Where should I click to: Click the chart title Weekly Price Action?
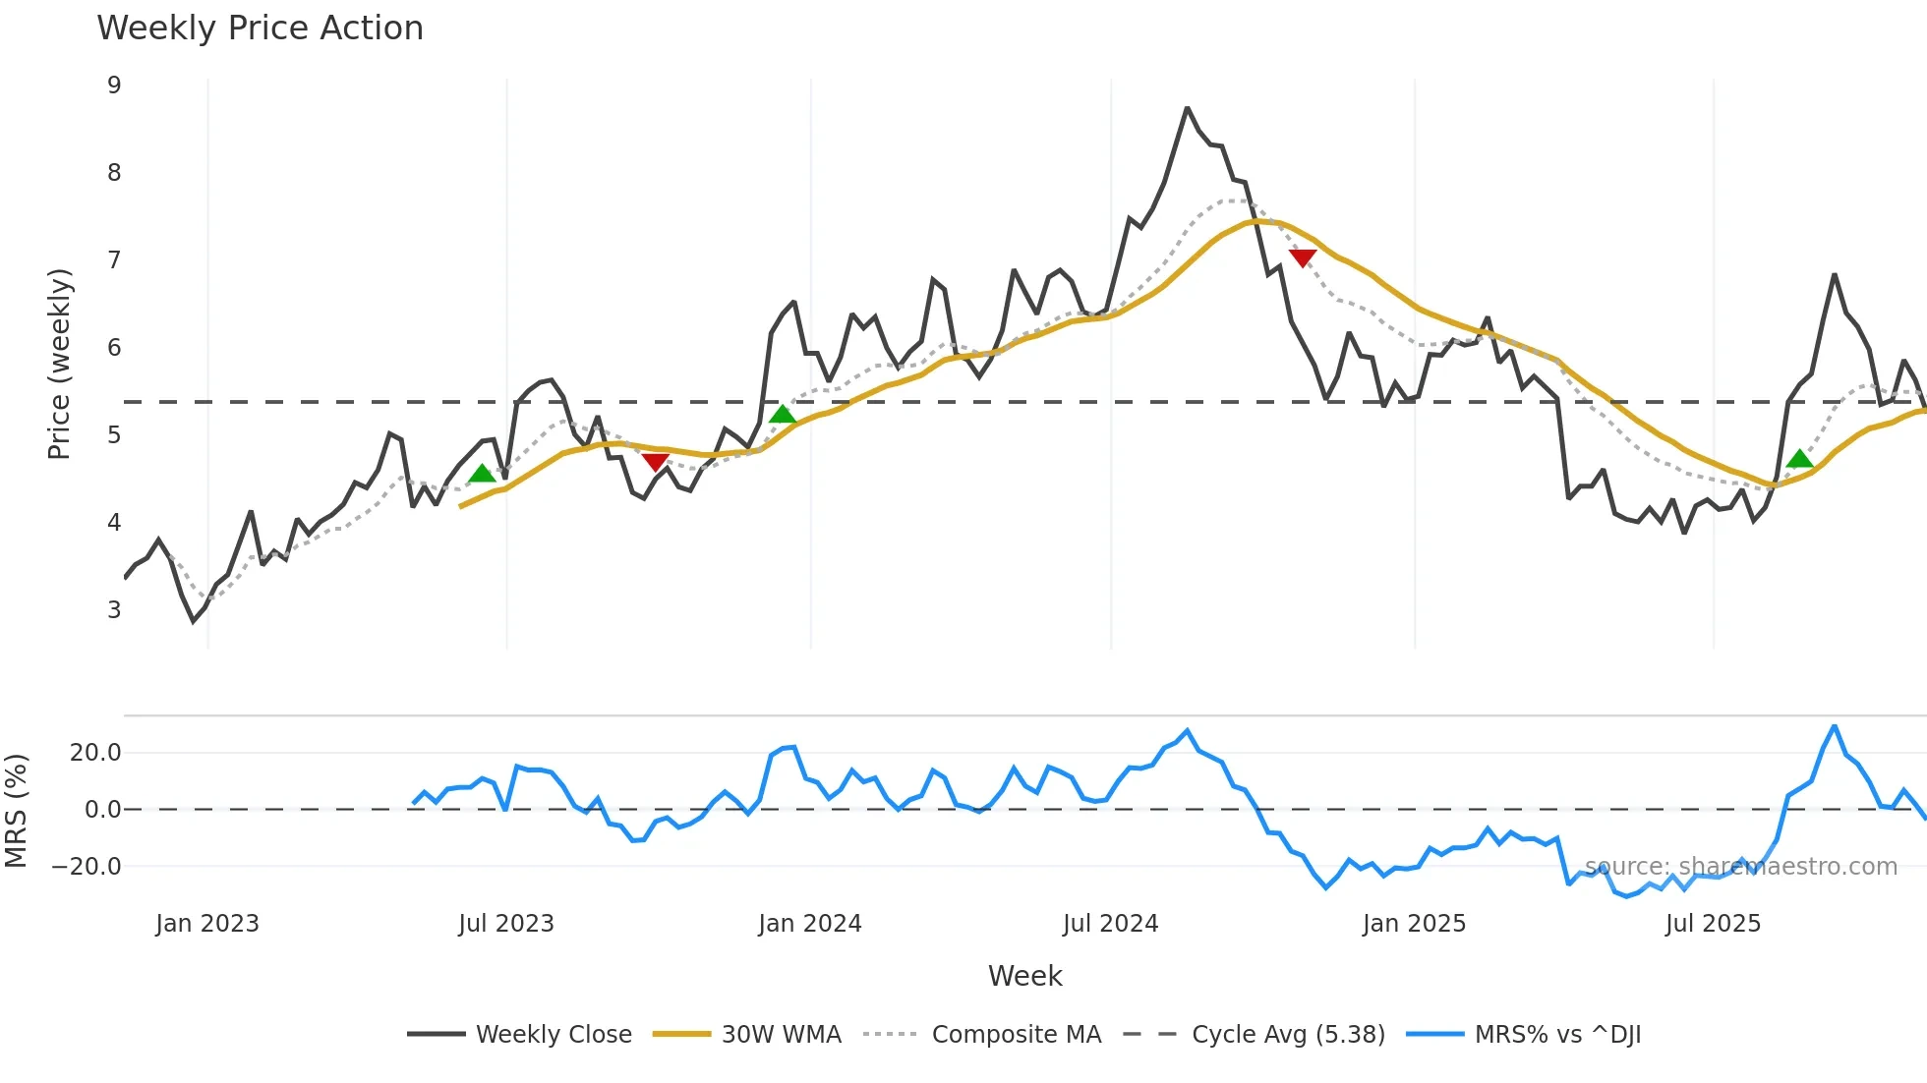point(260,28)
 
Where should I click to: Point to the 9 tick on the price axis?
point(114,85)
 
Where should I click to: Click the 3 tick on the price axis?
point(114,610)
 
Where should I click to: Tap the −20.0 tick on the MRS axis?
point(87,867)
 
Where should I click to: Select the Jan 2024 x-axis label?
point(809,924)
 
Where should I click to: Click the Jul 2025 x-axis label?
point(1713,924)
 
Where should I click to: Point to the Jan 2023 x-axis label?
point(206,924)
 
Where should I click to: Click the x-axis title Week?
point(1024,976)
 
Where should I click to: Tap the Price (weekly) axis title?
point(59,364)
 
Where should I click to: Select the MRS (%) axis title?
point(16,811)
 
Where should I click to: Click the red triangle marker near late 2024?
point(1303,258)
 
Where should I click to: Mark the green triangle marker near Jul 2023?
point(482,474)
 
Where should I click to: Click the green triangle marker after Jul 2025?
point(1799,459)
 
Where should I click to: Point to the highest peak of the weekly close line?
point(1187,108)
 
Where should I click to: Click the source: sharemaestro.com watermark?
point(1740,867)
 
